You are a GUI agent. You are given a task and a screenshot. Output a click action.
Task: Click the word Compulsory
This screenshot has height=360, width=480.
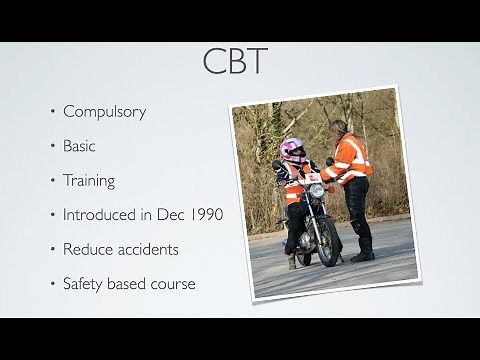click(x=104, y=111)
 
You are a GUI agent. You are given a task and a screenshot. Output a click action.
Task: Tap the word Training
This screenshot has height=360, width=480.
click(x=89, y=181)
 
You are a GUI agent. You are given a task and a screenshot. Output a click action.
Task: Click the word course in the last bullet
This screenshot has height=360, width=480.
click(x=171, y=284)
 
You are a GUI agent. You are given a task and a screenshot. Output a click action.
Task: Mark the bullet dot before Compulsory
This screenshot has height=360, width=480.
click(x=53, y=112)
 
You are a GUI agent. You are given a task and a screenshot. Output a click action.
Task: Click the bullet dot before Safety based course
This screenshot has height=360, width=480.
click(x=53, y=285)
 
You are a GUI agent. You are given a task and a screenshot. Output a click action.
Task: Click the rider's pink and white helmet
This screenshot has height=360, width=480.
click(x=293, y=151)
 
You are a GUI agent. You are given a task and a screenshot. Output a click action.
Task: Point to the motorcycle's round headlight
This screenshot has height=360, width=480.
click(x=316, y=190)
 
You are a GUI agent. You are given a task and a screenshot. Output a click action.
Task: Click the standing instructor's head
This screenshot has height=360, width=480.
click(x=338, y=127)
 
